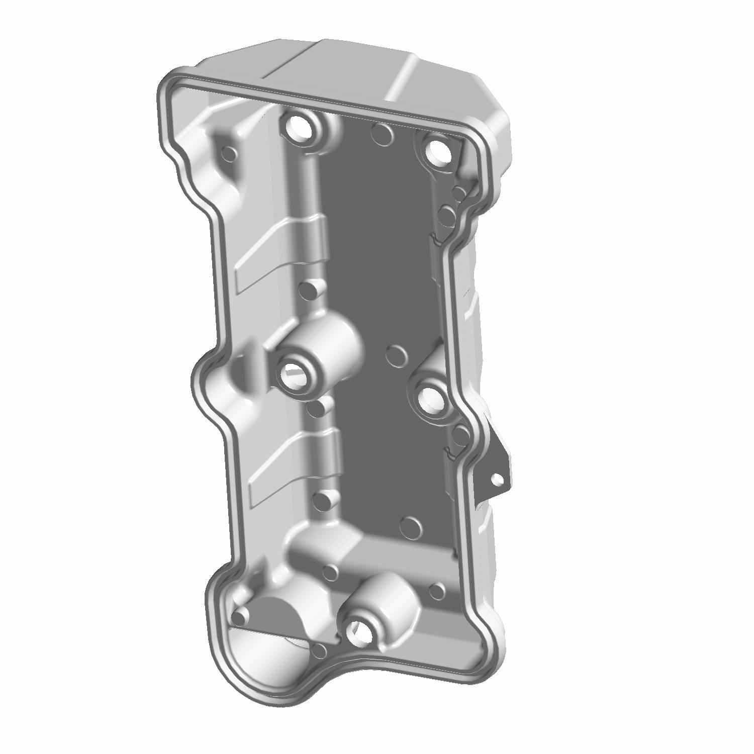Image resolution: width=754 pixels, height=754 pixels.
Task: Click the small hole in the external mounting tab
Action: tap(497, 479)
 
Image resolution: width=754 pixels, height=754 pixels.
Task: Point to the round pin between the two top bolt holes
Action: tap(383, 134)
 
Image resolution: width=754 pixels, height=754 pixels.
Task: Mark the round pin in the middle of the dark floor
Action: tap(398, 355)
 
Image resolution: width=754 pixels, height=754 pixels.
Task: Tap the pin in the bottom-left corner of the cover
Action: tap(242, 614)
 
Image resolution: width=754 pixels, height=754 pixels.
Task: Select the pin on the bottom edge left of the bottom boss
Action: tap(319, 651)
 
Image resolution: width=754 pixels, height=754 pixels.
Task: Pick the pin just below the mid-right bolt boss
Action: tap(459, 433)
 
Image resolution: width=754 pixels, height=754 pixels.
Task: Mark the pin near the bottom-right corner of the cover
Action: tap(437, 590)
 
